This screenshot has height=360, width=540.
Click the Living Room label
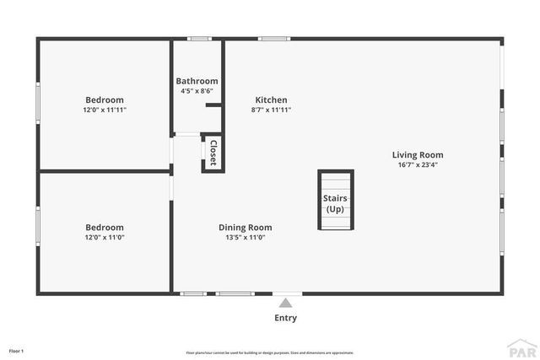tap(417, 155)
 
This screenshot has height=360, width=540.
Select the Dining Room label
tap(245, 227)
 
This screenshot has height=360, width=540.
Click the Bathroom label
tap(197, 81)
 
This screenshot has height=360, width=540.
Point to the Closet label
tap(213, 153)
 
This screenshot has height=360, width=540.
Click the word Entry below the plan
tap(286, 318)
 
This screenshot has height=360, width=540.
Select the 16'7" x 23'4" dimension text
tap(417, 165)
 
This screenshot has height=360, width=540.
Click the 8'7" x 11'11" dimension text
tap(270, 110)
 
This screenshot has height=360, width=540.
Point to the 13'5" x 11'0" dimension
tap(245, 238)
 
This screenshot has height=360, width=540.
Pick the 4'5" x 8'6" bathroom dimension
tap(197, 91)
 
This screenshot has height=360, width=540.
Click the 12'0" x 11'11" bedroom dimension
tap(105, 110)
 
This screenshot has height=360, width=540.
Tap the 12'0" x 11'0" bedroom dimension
tap(105, 238)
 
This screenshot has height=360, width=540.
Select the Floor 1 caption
tap(16, 350)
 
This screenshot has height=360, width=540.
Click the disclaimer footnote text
tap(269, 352)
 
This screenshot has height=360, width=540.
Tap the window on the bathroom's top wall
tap(199, 38)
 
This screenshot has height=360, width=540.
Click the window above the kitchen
tap(274, 38)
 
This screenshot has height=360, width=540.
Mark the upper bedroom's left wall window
tap(37, 103)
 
